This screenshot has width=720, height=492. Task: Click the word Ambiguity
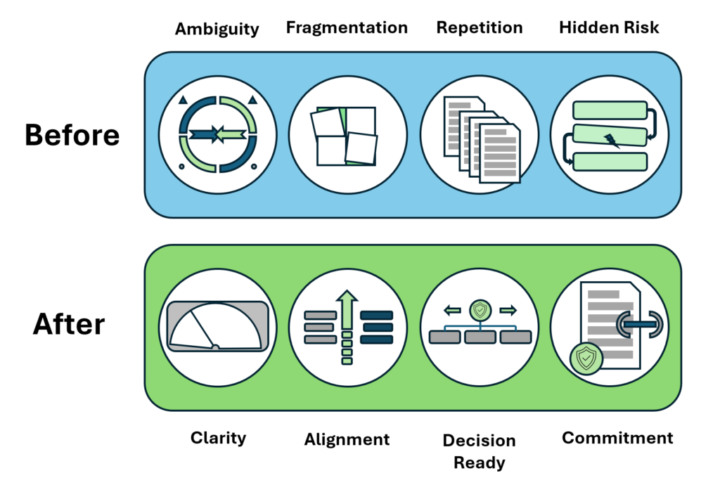tap(217, 29)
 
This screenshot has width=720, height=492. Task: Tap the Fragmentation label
tap(347, 27)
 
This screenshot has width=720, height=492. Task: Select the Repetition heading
tap(480, 27)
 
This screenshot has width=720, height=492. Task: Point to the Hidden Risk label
tap(610, 27)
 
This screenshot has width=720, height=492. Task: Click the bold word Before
tap(72, 135)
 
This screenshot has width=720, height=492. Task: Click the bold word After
tap(69, 325)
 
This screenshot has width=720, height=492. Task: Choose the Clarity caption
tap(219, 438)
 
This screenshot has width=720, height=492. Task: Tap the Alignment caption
tap(347, 439)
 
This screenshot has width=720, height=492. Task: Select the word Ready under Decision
tap(479, 462)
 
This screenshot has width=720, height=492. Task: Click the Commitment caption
tap(617, 438)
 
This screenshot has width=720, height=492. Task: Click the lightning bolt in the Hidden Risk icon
tap(612, 141)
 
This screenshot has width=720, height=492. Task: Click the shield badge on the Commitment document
tap(585, 358)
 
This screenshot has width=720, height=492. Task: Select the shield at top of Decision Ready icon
tap(480, 309)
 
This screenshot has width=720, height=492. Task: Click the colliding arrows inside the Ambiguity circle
tap(218, 133)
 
